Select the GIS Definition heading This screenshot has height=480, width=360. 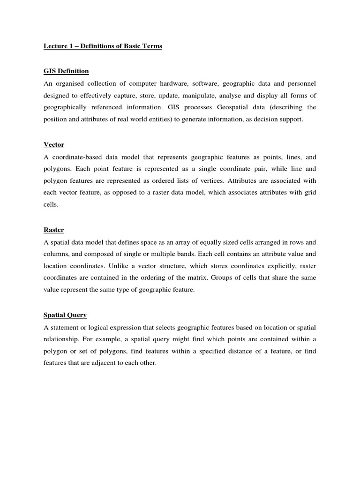point(66,71)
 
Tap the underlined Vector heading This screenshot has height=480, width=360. point(54,144)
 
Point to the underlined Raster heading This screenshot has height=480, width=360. point(54,230)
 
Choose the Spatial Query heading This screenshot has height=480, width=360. point(65,315)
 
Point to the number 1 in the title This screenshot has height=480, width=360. point(73,47)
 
